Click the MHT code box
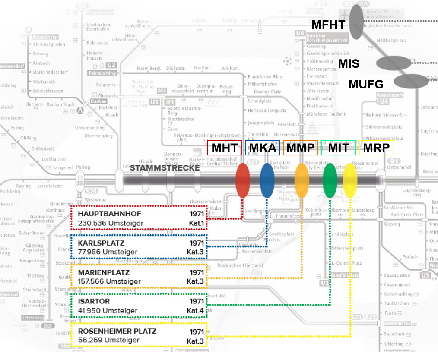point(225,148)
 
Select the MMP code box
point(300,148)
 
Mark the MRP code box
point(376,148)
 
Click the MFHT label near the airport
point(328,25)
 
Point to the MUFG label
point(366,83)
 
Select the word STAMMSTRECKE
point(165,168)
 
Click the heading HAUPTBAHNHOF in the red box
point(103,214)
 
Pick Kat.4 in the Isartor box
point(195,310)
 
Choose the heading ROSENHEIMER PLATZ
point(117,331)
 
